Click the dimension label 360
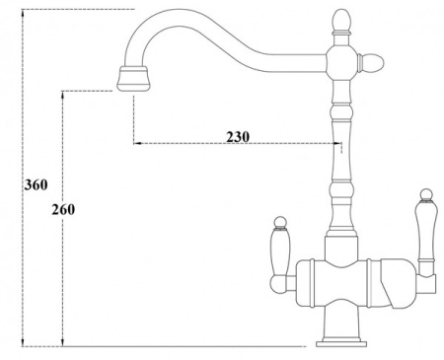(x=37, y=184)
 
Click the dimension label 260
(x=63, y=209)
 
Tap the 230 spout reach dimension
(x=238, y=136)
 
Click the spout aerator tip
(x=133, y=78)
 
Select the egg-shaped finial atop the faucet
(x=342, y=22)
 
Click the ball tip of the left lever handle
(x=280, y=222)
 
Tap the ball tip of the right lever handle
(x=426, y=194)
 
